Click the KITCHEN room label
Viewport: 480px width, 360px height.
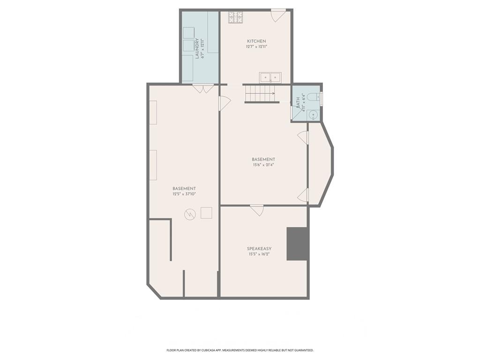click(x=256, y=41)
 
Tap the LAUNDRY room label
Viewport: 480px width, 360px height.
click(x=197, y=48)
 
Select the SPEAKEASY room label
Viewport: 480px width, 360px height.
click(x=259, y=248)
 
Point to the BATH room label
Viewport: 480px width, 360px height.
click(x=298, y=102)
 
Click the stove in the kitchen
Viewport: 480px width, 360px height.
click(x=235, y=17)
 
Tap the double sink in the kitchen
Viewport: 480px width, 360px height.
click(x=270, y=77)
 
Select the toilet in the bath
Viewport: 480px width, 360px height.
click(x=314, y=97)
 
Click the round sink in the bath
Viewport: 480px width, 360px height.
click(x=313, y=115)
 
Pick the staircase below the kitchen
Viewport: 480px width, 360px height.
click(x=262, y=94)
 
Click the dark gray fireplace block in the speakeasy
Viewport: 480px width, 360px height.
click(x=297, y=244)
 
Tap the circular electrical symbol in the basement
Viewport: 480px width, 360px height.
click(x=190, y=214)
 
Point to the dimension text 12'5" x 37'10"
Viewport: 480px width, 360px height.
click(x=184, y=194)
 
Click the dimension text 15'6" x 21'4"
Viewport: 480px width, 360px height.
click(x=263, y=165)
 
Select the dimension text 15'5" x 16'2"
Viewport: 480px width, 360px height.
click(x=259, y=254)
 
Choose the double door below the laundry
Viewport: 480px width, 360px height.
click(x=203, y=89)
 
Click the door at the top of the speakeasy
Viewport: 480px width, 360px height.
click(x=257, y=210)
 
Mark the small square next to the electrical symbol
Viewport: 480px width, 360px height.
click(x=206, y=213)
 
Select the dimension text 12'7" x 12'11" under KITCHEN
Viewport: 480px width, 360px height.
click(x=256, y=47)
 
